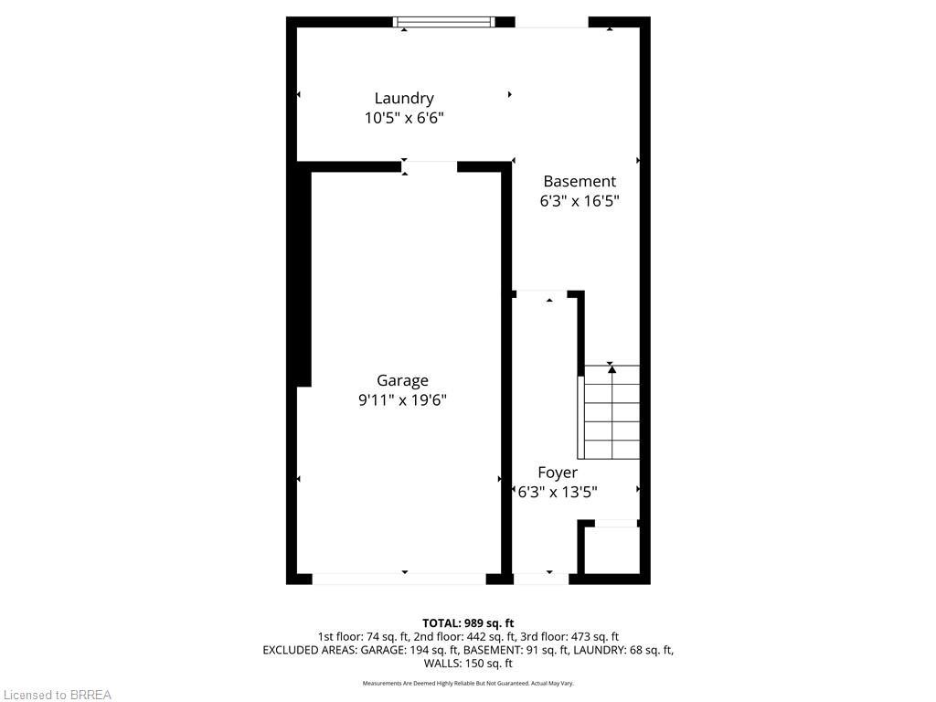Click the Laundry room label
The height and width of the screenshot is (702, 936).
[404, 98]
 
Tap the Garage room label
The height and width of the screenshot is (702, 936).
[402, 380]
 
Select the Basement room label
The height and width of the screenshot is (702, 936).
[580, 181]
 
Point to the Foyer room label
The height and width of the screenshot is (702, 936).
[558, 473]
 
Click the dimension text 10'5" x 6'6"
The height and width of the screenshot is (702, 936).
[404, 118]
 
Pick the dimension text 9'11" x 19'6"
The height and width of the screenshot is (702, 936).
[402, 400]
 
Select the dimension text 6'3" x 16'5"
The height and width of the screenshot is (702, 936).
[580, 201]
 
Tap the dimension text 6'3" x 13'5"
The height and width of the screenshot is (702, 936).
[558, 492]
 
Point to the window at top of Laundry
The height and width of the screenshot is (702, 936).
[444, 22]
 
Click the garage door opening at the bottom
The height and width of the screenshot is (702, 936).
[399, 578]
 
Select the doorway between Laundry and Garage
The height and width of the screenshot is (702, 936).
[431, 166]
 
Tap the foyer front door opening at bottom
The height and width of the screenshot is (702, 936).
[540, 578]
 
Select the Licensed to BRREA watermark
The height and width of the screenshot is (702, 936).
[57, 695]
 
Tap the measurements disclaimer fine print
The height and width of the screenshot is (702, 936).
[468, 684]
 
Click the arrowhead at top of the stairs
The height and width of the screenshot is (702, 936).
[612, 368]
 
